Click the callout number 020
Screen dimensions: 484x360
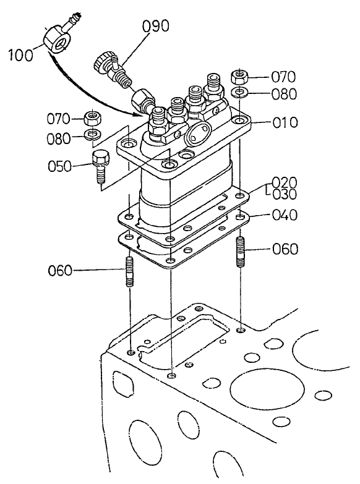[285, 182]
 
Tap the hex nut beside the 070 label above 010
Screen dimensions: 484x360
[241, 77]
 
